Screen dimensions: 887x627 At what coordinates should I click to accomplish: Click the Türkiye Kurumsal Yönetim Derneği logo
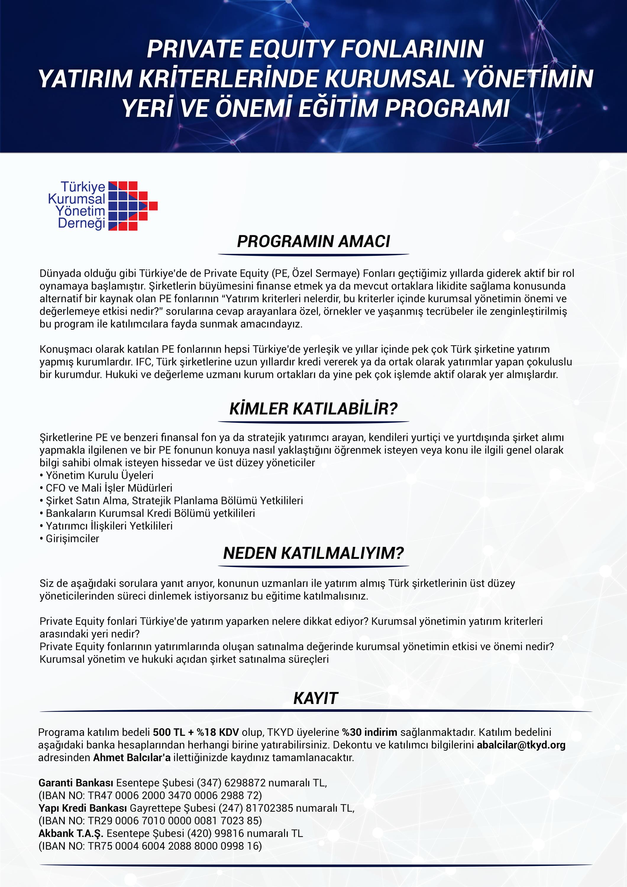click(102, 205)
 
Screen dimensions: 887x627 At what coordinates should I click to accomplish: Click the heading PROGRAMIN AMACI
click(313, 242)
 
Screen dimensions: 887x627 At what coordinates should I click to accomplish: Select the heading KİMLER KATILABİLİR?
click(313, 409)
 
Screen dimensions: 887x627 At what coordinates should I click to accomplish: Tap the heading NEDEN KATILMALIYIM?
click(313, 553)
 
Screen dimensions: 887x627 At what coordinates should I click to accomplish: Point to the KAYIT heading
click(316, 698)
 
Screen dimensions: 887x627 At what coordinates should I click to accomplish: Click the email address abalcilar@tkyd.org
click(521, 745)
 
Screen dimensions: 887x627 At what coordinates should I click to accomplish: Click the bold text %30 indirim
click(369, 732)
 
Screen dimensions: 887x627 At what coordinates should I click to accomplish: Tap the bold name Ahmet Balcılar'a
click(132, 757)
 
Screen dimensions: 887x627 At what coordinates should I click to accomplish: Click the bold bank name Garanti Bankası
click(76, 783)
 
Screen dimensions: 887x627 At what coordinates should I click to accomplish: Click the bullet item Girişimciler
click(72, 538)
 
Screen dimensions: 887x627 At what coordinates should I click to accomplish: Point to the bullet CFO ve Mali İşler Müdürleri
click(109, 488)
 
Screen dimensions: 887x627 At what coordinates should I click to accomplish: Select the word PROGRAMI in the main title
click(447, 108)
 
